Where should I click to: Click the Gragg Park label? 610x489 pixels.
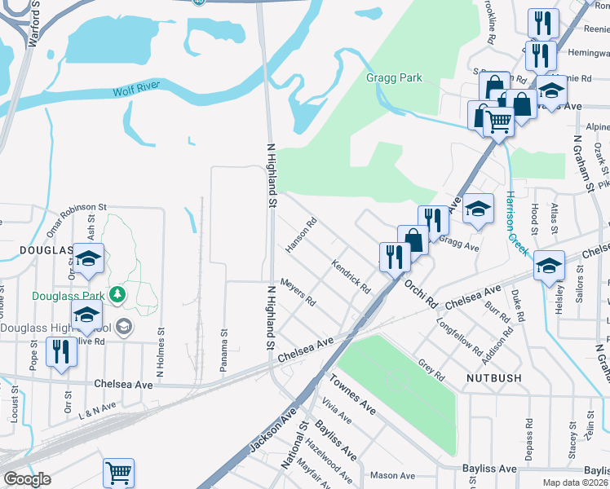394,78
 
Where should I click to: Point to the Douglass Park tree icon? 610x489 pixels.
119,293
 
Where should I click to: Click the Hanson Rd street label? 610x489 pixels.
301,234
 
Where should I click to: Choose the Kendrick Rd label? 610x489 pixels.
351,276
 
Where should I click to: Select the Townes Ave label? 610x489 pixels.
351,394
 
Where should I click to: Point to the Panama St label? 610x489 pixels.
223,352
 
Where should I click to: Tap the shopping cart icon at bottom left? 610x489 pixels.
119,472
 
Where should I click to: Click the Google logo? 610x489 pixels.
27,479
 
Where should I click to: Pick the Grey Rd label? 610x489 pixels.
431,371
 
